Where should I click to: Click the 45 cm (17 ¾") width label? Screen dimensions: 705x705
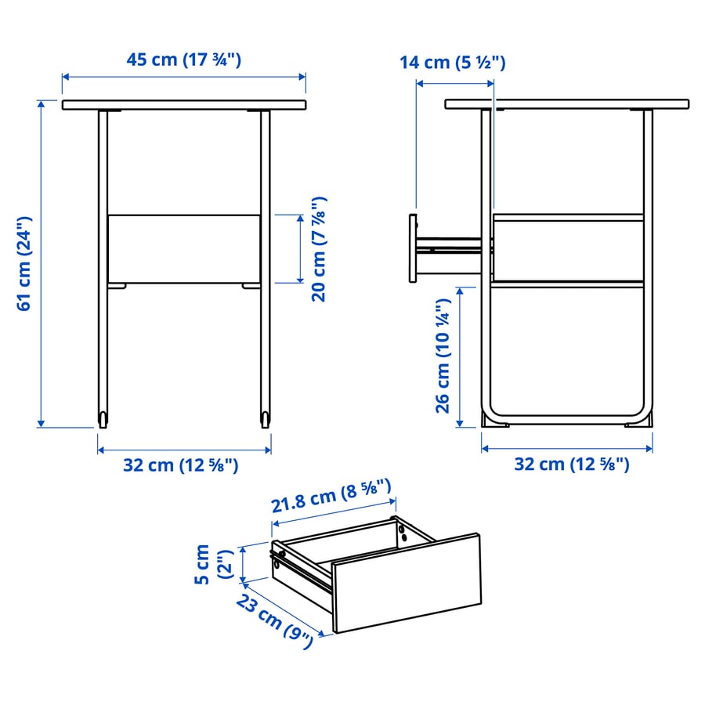[x=183, y=60]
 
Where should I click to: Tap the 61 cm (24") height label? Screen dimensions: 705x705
[x=24, y=263]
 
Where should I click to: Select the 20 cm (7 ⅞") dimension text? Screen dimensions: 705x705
[x=319, y=249]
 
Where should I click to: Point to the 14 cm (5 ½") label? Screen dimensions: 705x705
[x=452, y=62]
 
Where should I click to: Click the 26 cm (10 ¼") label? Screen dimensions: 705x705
[x=443, y=355]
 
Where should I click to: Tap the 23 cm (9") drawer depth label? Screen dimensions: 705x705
[x=275, y=621]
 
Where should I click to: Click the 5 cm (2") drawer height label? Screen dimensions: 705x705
[x=214, y=564]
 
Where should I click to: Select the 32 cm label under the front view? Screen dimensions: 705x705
[x=181, y=465]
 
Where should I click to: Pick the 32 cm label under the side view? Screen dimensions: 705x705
[x=572, y=464]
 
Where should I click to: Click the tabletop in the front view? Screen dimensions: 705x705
[x=184, y=105]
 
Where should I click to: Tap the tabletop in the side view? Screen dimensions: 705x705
[x=567, y=104]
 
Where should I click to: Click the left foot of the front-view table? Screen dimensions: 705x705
[x=103, y=419]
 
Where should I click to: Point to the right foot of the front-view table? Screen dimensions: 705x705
[x=266, y=419]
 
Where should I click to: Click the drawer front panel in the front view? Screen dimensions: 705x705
[x=184, y=249]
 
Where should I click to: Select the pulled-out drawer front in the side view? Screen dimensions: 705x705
[x=413, y=248]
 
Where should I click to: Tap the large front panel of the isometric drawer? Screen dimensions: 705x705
[x=407, y=584]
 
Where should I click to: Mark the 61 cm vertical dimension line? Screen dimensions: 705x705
[x=41, y=263]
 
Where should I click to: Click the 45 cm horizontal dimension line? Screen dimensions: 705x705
[x=184, y=77]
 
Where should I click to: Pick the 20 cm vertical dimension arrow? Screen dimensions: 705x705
[x=300, y=249]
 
